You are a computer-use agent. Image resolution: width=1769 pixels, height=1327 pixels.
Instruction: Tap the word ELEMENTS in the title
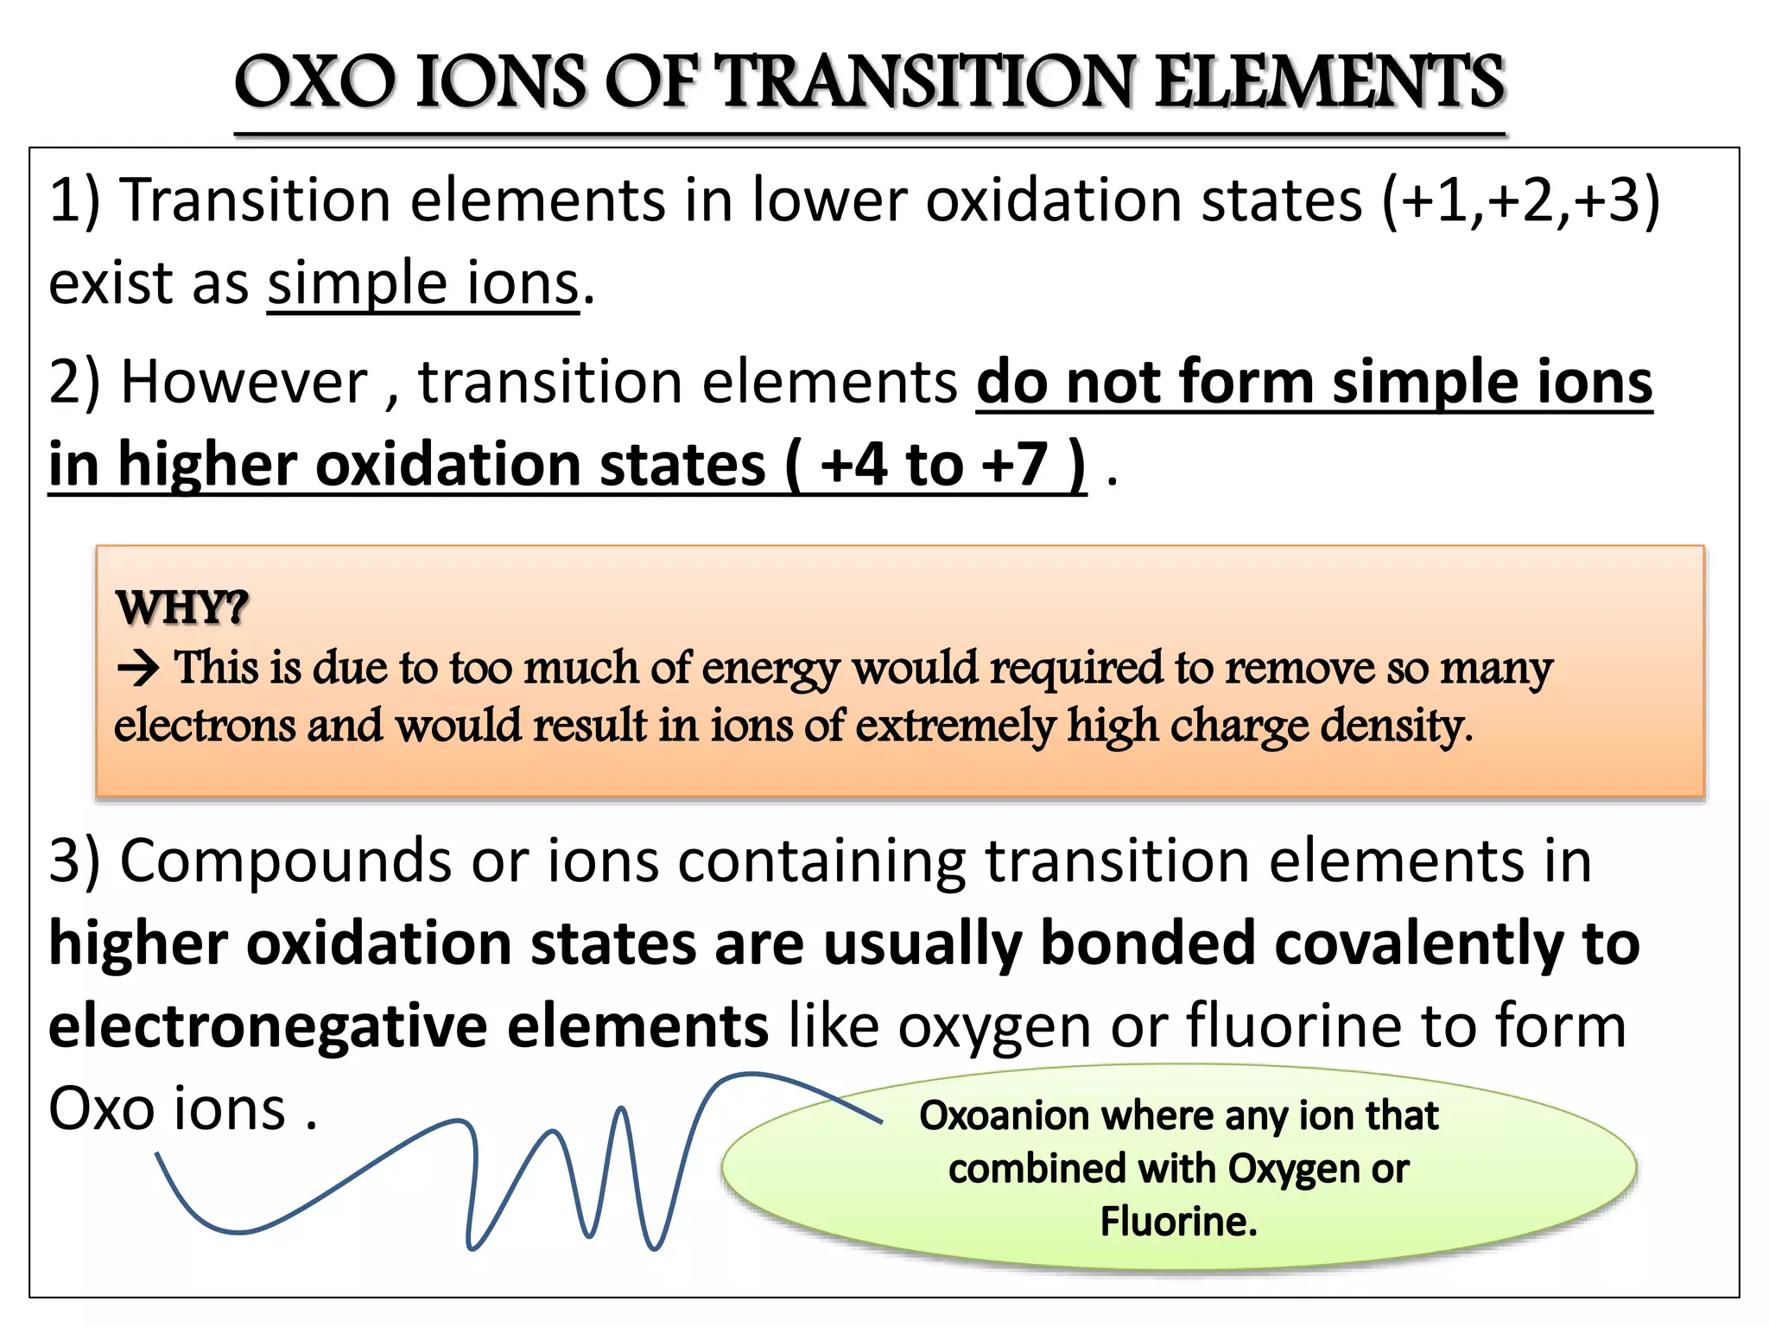(x=1329, y=82)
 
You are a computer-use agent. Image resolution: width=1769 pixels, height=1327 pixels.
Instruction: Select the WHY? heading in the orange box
(x=182, y=607)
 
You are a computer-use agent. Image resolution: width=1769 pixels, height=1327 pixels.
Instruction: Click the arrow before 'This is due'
(x=138, y=669)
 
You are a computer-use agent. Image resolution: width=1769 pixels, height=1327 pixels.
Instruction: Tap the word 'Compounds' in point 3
(x=285, y=861)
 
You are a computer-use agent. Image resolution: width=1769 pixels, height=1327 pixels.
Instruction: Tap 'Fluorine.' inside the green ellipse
(x=1178, y=1222)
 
